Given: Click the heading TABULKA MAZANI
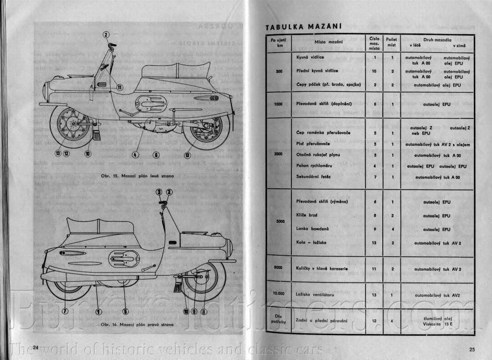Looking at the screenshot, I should point(304,27).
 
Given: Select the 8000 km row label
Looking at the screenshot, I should point(278,268).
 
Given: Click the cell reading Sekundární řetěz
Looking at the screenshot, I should point(314,177).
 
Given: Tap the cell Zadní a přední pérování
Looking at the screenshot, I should point(322,321).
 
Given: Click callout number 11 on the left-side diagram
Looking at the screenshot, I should point(119,87).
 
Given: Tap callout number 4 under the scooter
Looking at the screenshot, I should point(135,154).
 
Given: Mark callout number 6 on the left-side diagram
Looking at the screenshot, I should point(156,154).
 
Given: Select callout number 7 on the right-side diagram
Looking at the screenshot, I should point(65,311).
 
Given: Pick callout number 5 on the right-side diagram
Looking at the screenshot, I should point(125,311).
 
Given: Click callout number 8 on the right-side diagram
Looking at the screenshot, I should point(203,311).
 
